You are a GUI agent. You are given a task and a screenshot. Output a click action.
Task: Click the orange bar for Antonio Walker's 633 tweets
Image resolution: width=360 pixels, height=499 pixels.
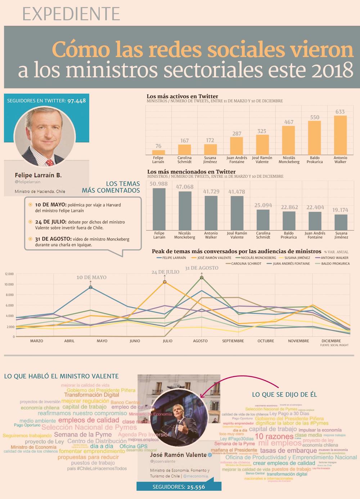coord(340,135)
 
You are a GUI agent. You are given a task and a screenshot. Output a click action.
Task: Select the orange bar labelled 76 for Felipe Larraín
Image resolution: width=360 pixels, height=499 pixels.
coord(158,153)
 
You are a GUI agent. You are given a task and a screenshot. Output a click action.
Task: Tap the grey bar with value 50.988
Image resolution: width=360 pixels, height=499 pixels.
coord(159,209)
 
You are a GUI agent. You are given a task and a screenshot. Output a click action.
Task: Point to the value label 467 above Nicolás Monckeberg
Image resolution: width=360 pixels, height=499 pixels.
coord(289,122)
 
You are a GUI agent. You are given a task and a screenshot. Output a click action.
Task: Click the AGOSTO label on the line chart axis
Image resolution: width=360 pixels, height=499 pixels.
coord(200,341)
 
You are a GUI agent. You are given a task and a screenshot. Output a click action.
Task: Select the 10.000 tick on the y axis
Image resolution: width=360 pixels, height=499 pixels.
coord(9,284)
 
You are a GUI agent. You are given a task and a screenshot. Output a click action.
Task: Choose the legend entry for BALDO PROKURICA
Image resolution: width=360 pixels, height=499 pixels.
coord(333,264)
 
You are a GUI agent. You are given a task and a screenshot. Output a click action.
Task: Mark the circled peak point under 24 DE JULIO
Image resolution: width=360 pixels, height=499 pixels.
coord(165,282)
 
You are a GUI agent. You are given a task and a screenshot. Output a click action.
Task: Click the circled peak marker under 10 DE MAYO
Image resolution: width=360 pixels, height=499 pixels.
coord(90,287)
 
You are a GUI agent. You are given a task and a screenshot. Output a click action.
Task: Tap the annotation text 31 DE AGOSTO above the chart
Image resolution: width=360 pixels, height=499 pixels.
coord(202,268)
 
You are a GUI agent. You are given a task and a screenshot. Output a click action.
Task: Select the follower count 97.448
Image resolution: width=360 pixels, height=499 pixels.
coord(76,101)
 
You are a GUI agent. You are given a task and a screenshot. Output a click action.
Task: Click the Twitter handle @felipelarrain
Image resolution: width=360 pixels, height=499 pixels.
coord(28,182)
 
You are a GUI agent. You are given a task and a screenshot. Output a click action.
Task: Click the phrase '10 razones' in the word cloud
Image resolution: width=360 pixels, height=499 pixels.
coord(274,436)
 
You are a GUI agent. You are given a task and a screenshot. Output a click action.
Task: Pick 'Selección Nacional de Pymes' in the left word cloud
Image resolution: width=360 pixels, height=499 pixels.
coord(89,427)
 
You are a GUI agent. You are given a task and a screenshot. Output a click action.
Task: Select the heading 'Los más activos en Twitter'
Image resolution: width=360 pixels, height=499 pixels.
coord(182,96)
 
